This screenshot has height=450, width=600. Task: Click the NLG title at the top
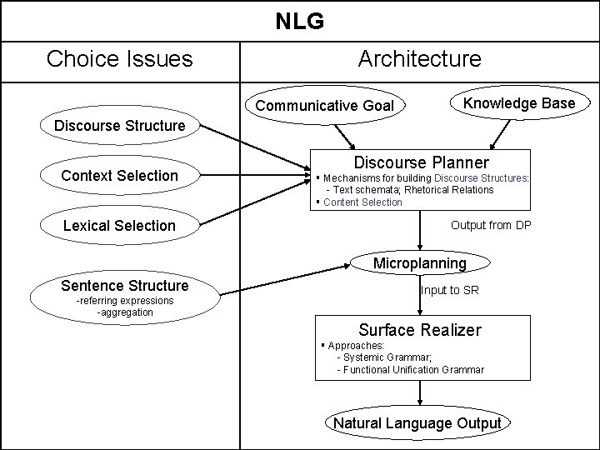[300, 20]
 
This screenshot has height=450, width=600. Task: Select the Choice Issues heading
[119, 59]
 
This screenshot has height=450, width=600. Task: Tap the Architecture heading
[419, 59]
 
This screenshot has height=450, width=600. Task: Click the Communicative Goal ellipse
[324, 106]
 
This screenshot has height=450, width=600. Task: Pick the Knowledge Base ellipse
[519, 103]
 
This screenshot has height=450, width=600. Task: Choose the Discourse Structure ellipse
[119, 126]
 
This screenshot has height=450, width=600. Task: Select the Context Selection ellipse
[119, 176]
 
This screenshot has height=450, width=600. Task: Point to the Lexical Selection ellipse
[119, 226]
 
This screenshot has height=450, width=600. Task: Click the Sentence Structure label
[125, 286]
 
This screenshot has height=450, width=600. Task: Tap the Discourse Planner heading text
[422, 162]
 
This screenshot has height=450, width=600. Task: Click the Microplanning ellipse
[420, 263]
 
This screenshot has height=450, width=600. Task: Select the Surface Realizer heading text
[419, 330]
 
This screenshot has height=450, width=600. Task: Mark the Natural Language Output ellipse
[417, 423]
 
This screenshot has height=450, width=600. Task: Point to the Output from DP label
[491, 225]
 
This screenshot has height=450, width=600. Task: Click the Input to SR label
[451, 290]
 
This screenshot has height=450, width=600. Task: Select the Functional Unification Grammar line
[410, 369]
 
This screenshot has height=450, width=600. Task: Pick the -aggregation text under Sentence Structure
[125, 312]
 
